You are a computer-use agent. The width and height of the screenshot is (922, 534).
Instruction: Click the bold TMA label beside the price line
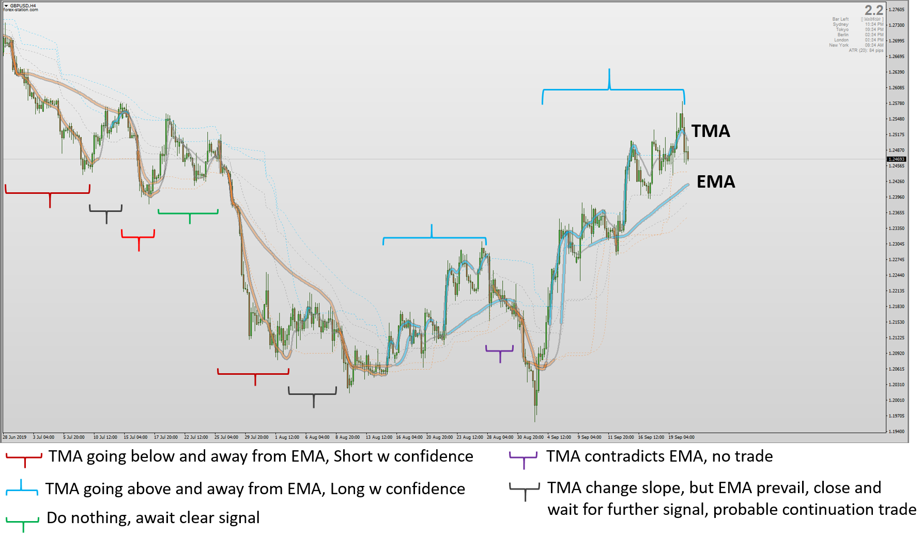[x=711, y=131]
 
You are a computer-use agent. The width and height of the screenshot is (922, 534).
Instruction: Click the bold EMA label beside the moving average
[x=715, y=182]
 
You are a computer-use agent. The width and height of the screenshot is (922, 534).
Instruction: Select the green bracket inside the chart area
[x=189, y=213]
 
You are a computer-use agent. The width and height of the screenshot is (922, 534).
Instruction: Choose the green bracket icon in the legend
[x=23, y=521]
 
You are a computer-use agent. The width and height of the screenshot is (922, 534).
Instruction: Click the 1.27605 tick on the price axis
[x=897, y=9]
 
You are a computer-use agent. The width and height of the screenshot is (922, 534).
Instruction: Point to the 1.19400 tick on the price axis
[x=897, y=431]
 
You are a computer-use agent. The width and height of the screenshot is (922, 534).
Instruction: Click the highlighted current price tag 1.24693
[x=896, y=159]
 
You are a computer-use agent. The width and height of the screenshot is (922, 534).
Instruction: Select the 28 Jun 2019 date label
[x=14, y=437]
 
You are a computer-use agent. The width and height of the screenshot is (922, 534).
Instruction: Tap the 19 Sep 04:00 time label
[x=681, y=437]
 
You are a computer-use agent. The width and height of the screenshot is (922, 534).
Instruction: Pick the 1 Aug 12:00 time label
[x=287, y=437]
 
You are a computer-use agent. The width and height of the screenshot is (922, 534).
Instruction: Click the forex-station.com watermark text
[x=21, y=10]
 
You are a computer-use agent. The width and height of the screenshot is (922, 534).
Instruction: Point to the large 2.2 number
[x=874, y=10]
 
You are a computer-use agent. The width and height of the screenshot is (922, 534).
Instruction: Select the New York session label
[x=838, y=45]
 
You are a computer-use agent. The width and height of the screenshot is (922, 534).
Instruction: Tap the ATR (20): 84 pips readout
[x=866, y=50]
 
